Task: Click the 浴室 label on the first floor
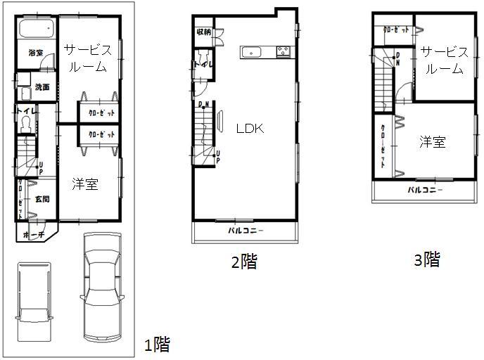(x=35, y=53)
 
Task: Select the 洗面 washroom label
(x=42, y=87)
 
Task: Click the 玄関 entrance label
(x=42, y=199)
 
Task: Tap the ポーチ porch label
(x=33, y=235)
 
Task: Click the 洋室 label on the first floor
(x=85, y=184)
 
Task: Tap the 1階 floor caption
(x=156, y=345)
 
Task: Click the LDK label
(x=249, y=129)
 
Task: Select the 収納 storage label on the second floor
(x=203, y=32)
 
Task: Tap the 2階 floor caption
(x=244, y=263)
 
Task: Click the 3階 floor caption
(x=427, y=260)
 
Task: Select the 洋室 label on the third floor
(x=433, y=142)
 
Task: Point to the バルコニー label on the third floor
(x=424, y=191)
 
